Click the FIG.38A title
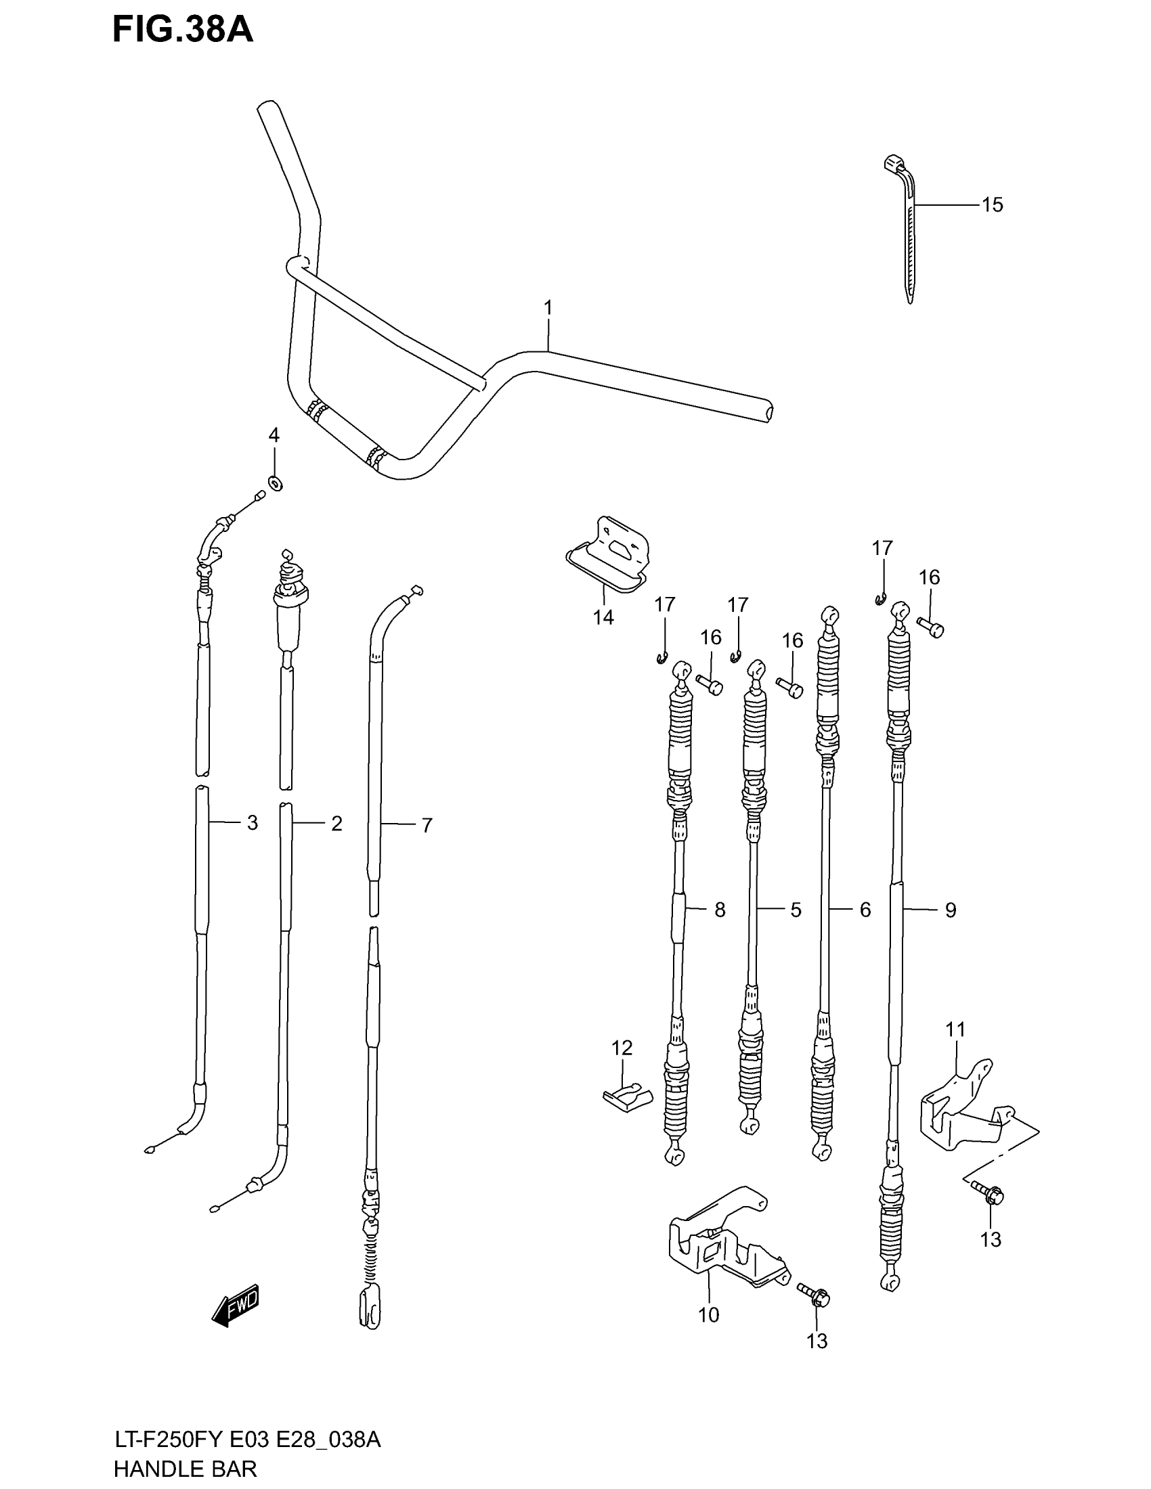tap(182, 31)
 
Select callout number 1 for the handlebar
tap(548, 308)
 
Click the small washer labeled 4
tap(276, 483)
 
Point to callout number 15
tap(992, 204)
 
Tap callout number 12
tap(622, 1047)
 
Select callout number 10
tap(708, 1314)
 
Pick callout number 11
tap(955, 1029)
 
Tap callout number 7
tap(427, 826)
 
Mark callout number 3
tap(253, 823)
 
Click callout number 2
tap(336, 824)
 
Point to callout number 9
tap(951, 910)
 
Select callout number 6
tap(865, 910)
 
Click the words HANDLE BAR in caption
tap(186, 1469)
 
